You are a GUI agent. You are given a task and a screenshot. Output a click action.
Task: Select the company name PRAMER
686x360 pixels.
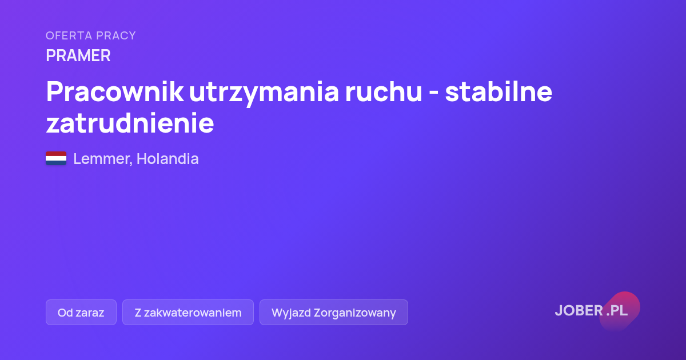[78, 55]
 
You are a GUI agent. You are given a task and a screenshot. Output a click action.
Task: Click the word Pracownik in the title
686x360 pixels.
[115, 91]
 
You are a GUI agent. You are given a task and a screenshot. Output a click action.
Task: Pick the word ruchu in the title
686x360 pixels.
[384, 91]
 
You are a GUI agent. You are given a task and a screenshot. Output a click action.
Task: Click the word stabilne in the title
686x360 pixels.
[498, 91]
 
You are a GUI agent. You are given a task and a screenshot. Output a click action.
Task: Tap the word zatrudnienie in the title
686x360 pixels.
[130, 123]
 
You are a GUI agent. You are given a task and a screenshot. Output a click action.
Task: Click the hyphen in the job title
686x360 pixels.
[434, 93]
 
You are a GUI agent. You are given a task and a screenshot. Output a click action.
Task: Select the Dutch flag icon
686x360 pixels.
[56, 158]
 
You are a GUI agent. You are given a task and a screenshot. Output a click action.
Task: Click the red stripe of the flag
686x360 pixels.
[56, 154]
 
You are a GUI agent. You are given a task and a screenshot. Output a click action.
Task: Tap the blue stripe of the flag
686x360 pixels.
[56, 163]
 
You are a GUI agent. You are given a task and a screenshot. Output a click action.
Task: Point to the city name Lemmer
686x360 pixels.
[103, 159]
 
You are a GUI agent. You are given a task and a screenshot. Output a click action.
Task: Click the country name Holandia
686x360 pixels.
[167, 159]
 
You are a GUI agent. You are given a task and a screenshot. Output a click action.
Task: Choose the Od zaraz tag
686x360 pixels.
[81, 312]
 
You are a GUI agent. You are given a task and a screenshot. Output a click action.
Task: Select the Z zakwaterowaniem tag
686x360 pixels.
[188, 312]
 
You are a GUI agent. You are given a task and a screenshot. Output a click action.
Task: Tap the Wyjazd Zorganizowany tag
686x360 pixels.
[334, 312]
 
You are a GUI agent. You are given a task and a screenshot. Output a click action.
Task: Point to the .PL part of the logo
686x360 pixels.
[617, 310]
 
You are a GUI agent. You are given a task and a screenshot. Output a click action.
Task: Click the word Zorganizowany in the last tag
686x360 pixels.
[354, 313]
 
